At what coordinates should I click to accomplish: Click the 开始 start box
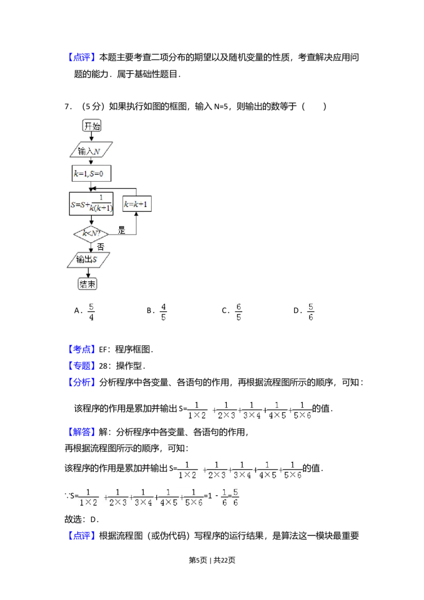[x=91, y=126]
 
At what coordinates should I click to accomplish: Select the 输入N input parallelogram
[x=91, y=150]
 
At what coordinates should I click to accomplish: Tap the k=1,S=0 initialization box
[x=91, y=174]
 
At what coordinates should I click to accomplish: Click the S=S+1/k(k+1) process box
[x=91, y=204]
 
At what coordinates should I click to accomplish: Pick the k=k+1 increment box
[x=137, y=204]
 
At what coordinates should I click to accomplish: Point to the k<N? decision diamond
[x=91, y=233]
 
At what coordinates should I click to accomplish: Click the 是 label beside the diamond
[x=121, y=231]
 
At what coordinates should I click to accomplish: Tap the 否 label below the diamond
[x=100, y=246]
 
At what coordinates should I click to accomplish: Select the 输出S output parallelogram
[x=89, y=259]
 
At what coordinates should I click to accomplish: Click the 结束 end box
[x=88, y=284]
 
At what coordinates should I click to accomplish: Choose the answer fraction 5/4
[x=91, y=312]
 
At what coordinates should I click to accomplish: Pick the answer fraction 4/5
[x=164, y=312]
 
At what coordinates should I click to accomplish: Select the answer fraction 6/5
[x=240, y=312]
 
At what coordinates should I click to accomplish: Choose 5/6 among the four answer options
[x=312, y=312]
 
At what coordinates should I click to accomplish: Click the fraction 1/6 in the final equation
[x=224, y=498]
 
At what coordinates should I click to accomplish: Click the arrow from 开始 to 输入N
[x=91, y=137]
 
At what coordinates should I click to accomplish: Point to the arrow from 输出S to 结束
[x=88, y=272]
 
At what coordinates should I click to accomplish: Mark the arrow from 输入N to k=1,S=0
[x=91, y=162]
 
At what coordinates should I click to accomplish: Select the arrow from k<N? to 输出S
[x=91, y=247]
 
